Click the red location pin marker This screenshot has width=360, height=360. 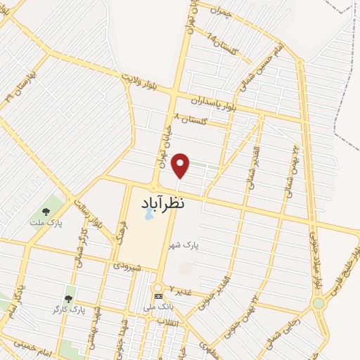click(x=181, y=165)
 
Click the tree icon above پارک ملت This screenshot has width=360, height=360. click(x=46, y=211)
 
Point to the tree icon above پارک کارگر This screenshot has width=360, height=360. click(x=68, y=299)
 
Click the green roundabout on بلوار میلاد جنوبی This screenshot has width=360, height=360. click(x=319, y=303)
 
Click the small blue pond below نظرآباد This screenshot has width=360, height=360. click(x=148, y=215)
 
